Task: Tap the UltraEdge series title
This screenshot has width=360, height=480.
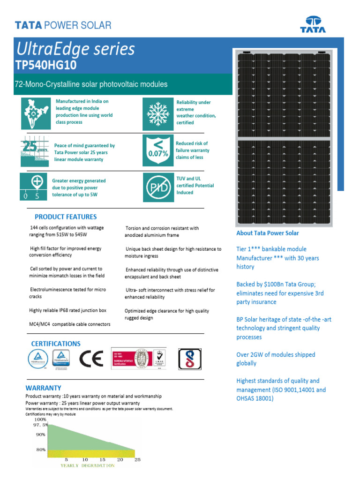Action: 75,49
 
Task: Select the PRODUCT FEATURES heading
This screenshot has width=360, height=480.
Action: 66,217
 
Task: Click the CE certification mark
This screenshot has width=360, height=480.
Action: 91,360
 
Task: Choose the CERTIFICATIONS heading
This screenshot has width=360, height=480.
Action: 56,344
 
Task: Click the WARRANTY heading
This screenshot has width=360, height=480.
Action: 43,388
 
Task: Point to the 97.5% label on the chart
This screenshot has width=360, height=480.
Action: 40,425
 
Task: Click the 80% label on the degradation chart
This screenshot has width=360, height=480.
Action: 40,450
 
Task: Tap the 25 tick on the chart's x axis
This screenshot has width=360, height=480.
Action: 137,460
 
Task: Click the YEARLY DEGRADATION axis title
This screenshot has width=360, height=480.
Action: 87,466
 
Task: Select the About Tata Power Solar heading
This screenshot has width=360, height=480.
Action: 267,233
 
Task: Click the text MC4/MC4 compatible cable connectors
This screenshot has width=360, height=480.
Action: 70,324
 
